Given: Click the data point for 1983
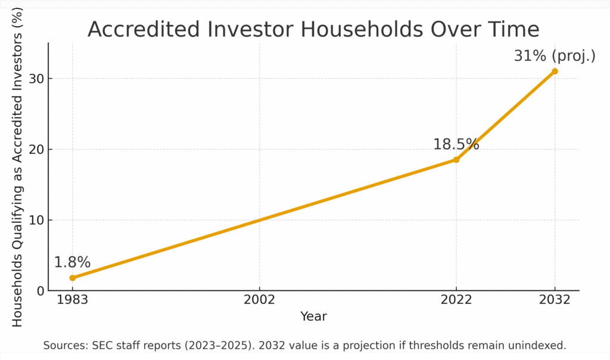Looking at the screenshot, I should tap(73, 278).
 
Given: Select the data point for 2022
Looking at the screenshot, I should tap(456, 160).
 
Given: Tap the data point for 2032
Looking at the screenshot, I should tap(555, 72).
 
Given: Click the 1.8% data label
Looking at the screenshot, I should tap(72, 262).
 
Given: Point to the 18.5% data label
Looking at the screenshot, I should tap(456, 144).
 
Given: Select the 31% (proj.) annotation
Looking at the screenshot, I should tap(555, 56).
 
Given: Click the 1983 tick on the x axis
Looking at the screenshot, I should tap(73, 300).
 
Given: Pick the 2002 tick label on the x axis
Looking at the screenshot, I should tap(259, 300).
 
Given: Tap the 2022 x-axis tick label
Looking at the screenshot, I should tap(456, 300).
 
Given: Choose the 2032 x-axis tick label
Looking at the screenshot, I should tap(555, 300).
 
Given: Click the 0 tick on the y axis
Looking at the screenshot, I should tap(40, 291).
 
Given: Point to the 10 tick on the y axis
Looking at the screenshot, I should tap(36, 221).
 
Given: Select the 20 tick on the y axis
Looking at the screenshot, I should tap(36, 150).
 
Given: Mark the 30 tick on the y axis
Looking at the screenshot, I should tap(36, 79).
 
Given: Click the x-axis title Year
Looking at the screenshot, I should tap(313, 316).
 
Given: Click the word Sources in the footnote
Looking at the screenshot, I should tap(65, 346).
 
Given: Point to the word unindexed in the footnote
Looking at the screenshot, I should tap(539, 346).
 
